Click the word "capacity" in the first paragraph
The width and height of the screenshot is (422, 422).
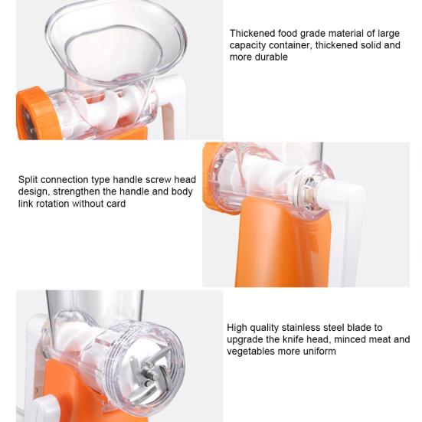248,45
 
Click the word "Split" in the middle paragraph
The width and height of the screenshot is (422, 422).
28,180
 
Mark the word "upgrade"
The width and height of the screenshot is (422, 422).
247,339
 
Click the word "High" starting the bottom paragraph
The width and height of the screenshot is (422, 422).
239,328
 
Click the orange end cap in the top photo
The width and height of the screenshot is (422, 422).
31,113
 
